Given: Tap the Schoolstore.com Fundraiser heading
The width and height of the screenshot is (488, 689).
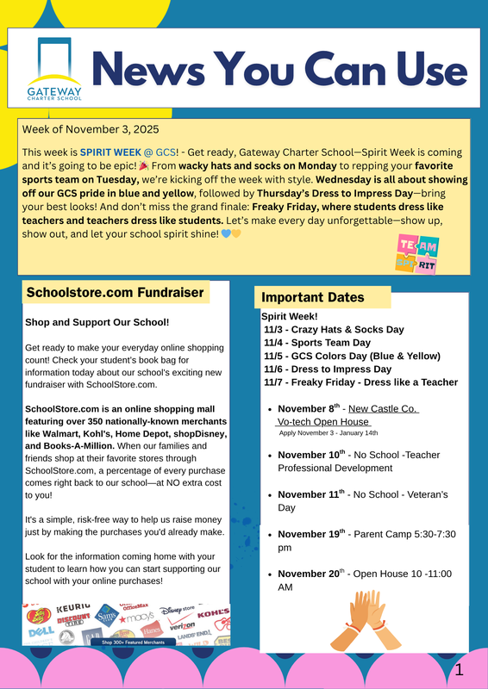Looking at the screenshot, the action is tap(115, 292).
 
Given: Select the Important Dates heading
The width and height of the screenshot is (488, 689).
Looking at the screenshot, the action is tap(313, 297).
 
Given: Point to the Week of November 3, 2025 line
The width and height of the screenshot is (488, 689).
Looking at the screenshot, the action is tap(91, 130).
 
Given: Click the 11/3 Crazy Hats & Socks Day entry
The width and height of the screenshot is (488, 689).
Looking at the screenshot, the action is tap(334, 329).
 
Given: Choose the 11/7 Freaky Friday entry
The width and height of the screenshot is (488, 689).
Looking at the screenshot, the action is tap(360, 382).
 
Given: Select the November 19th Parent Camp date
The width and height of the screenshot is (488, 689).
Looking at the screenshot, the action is tap(311, 534).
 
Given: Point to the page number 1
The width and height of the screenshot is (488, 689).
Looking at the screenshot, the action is tap(460, 669).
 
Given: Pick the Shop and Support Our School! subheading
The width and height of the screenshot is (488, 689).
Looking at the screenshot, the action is tap(97, 323).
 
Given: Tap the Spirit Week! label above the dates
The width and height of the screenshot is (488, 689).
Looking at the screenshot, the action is tap(290, 316).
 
